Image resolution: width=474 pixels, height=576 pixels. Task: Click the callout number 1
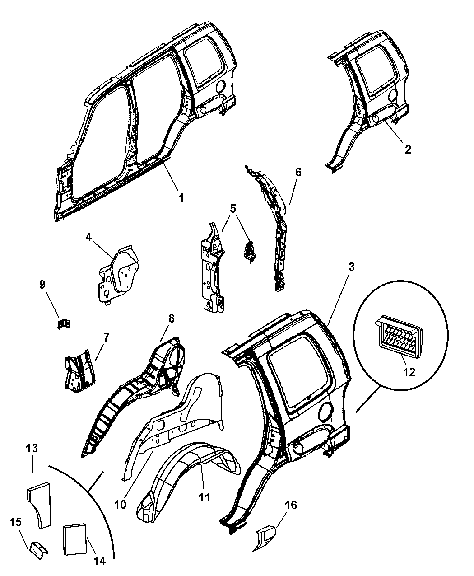click(181, 198)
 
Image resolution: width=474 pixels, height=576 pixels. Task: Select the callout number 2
click(408, 149)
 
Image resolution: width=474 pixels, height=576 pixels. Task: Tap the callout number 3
click(351, 267)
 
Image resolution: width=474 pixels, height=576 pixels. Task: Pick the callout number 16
click(291, 505)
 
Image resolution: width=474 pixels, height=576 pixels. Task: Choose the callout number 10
click(120, 505)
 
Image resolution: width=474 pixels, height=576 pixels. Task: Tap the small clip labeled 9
click(64, 323)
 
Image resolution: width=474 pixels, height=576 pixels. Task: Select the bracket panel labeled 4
click(119, 274)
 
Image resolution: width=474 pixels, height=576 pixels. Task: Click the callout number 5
click(233, 209)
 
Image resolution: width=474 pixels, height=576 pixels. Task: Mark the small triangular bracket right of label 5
click(249, 251)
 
